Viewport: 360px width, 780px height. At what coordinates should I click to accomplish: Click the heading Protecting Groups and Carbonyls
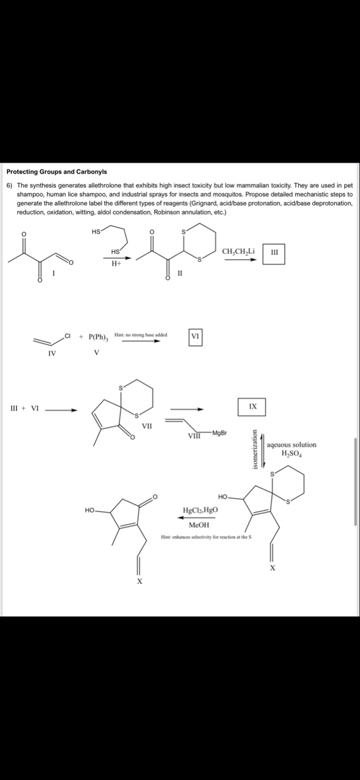(x=56, y=171)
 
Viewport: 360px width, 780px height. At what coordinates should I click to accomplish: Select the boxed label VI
(x=195, y=336)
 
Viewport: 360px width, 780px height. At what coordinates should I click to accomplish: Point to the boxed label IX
(x=253, y=406)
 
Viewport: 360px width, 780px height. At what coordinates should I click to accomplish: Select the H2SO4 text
(x=291, y=453)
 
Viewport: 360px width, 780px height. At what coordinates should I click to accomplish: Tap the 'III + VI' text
(x=24, y=408)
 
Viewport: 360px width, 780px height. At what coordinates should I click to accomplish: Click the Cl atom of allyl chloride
(x=68, y=334)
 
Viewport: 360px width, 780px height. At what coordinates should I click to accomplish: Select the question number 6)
(x=10, y=185)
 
